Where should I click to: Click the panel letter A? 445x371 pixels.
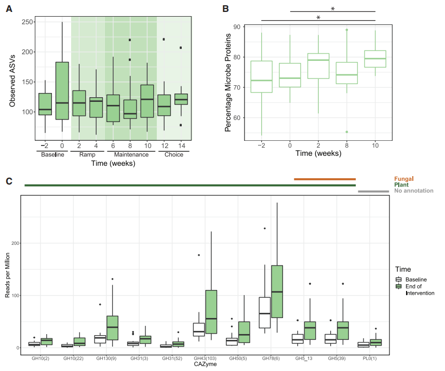[9, 9]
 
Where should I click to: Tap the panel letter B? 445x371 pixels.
[225, 9]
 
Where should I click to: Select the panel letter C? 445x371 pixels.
[9, 181]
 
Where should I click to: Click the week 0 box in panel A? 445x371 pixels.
[62, 90]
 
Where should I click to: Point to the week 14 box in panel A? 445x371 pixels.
[181, 99]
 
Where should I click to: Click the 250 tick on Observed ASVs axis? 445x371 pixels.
[28, 22]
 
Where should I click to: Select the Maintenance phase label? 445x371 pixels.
[128, 154]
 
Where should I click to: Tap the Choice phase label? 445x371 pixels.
[173, 154]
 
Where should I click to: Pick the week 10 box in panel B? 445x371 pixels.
[375, 59]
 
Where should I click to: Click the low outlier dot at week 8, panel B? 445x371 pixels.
[347, 131]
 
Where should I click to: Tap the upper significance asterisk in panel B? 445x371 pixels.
[332, 9]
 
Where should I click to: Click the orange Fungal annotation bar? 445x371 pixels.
[325, 179]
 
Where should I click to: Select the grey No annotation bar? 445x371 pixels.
[373, 191]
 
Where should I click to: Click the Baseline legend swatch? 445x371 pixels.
[398, 280]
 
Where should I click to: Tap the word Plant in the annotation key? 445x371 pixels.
[401, 184]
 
